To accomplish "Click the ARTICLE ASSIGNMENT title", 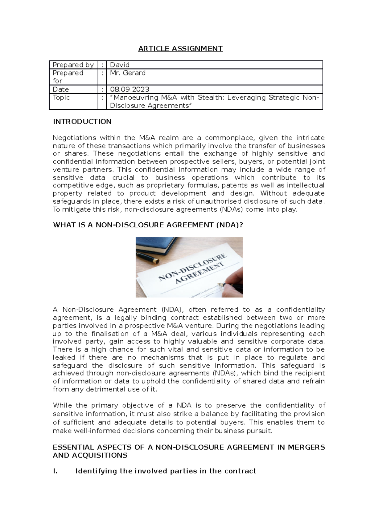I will coord(180,49).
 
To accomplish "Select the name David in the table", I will coord(120,65).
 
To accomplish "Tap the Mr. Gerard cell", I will coord(128,73).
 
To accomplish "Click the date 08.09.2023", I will coord(129,89).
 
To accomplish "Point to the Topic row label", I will coord(61,97).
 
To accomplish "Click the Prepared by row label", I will coord(73,65).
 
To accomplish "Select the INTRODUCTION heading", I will coord(82,122).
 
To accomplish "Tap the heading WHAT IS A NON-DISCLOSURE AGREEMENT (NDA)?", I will coord(148,225).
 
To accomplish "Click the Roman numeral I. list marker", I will coord(55,471).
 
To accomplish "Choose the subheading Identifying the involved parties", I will coord(166,471).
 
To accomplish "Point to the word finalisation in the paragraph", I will coord(110,334).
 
